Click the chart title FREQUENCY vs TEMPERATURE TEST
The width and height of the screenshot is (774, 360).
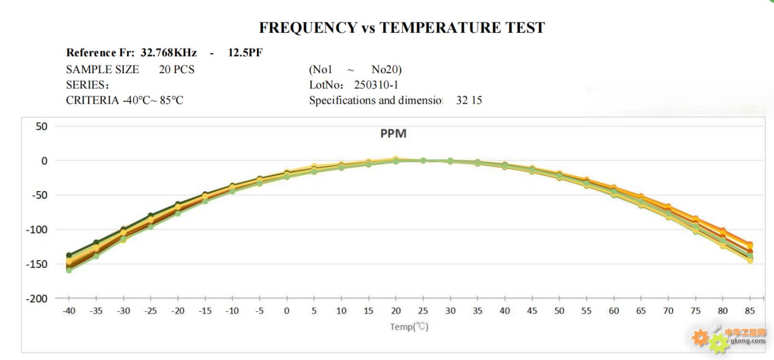click(x=402, y=27)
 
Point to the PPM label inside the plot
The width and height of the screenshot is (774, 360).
click(x=393, y=134)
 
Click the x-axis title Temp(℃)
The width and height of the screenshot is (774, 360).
click(x=409, y=326)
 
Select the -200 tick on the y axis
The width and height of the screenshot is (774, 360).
click(x=37, y=298)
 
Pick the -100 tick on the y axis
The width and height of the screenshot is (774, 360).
click(x=37, y=229)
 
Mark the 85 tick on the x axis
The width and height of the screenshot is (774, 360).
click(x=750, y=311)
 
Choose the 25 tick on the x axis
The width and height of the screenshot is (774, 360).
click(x=422, y=311)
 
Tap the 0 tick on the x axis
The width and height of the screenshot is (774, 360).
click(x=286, y=311)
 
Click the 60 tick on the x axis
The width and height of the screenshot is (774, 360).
click(x=613, y=311)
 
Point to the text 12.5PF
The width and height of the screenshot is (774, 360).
click(x=245, y=53)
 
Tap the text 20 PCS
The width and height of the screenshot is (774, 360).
click(x=176, y=70)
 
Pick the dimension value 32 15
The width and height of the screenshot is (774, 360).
click(x=469, y=101)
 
